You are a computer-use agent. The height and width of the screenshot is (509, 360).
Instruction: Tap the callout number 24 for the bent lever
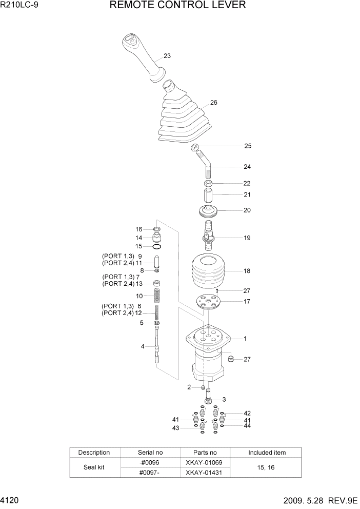point(247,167)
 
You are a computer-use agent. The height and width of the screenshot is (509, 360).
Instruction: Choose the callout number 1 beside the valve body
point(245,339)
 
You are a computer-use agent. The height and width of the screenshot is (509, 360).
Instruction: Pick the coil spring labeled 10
point(157,296)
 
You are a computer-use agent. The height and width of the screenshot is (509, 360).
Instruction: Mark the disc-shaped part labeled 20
point(208,210)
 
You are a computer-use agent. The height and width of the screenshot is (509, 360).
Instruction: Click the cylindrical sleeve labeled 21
point(208,196)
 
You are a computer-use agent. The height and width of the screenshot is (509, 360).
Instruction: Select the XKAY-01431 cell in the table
point(205,473)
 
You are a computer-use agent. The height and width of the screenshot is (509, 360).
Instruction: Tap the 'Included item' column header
point(267,453)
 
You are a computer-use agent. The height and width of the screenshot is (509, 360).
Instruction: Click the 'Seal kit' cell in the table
point(94,467)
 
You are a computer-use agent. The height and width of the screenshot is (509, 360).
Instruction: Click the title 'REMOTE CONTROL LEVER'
point(178,6)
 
